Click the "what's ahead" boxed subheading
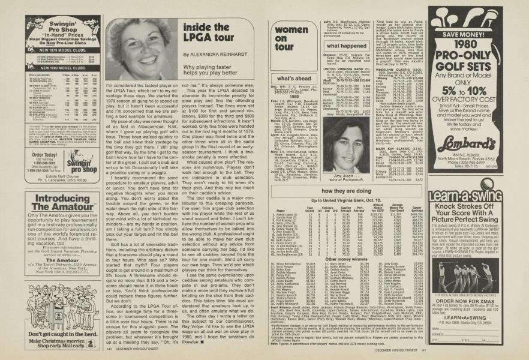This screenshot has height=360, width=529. coord(294,79)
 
